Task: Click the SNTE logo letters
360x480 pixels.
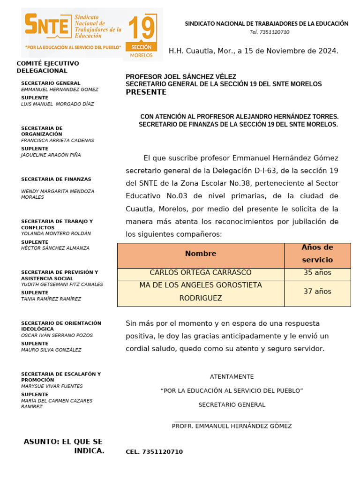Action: point(47,26)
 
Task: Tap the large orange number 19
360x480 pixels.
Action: point(141,29)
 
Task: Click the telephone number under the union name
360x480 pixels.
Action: point(269,32)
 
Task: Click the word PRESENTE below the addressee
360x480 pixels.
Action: point(146,92)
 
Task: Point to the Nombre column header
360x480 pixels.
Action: point(201,254)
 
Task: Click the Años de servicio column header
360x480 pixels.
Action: point(317,254)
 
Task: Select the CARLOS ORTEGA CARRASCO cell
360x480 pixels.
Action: point(201,273)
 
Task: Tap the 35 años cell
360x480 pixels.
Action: point(317,273)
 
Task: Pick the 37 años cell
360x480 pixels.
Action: point(317,292)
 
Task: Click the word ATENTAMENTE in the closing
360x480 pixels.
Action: point(232,377)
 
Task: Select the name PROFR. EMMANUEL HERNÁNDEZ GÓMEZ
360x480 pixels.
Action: point(232,426)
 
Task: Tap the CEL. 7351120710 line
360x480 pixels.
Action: point(154,452)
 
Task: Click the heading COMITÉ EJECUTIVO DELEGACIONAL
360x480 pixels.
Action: point(48,67)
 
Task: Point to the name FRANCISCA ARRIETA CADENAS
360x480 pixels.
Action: point(58,141)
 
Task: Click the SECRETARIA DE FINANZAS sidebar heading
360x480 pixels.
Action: point(56,180)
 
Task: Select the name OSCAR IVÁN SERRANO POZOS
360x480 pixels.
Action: point(57,336)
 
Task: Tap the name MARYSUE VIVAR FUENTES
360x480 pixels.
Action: point(52,387)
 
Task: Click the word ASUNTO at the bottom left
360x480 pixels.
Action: point(41,442)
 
